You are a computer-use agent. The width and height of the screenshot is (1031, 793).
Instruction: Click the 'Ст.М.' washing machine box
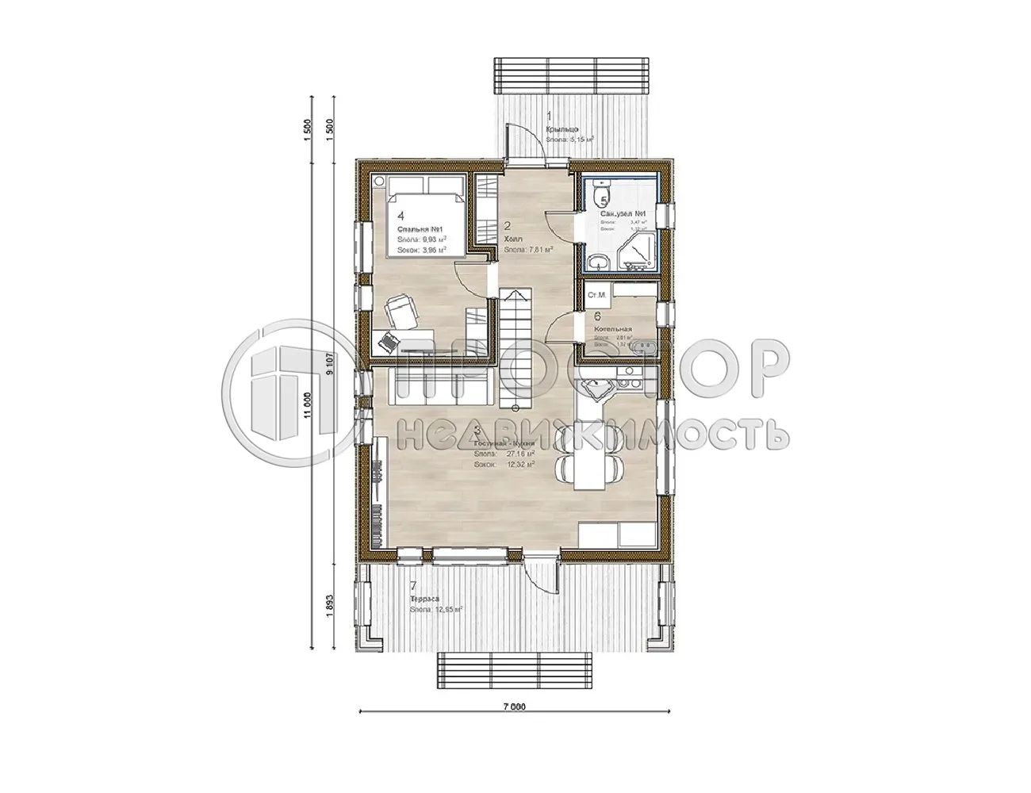coord(596,296)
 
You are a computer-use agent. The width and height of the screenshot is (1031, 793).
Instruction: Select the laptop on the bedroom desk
coord(389,343)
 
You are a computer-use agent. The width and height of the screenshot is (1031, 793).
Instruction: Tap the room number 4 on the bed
coord(401,215)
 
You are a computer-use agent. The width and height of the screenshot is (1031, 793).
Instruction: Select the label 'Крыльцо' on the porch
coord(561,129)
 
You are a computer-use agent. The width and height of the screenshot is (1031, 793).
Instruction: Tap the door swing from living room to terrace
coord(544,577)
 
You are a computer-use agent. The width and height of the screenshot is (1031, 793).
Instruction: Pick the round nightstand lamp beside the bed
coord(378,182)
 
